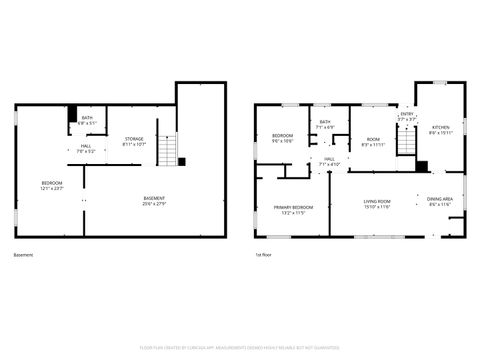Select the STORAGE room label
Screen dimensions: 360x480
point(134,141)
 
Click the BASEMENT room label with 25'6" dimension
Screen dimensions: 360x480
point(154,200)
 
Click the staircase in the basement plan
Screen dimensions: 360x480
point(175,150)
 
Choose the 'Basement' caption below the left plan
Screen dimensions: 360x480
point(23,255)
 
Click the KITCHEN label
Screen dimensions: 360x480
point(441,130)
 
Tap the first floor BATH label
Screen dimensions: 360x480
point(325,125)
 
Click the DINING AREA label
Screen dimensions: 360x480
point(440,201)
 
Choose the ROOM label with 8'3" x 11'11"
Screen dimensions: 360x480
point(372,142)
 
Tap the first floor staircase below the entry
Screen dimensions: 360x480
point(406,146)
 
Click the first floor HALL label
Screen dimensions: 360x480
point(328,161)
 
